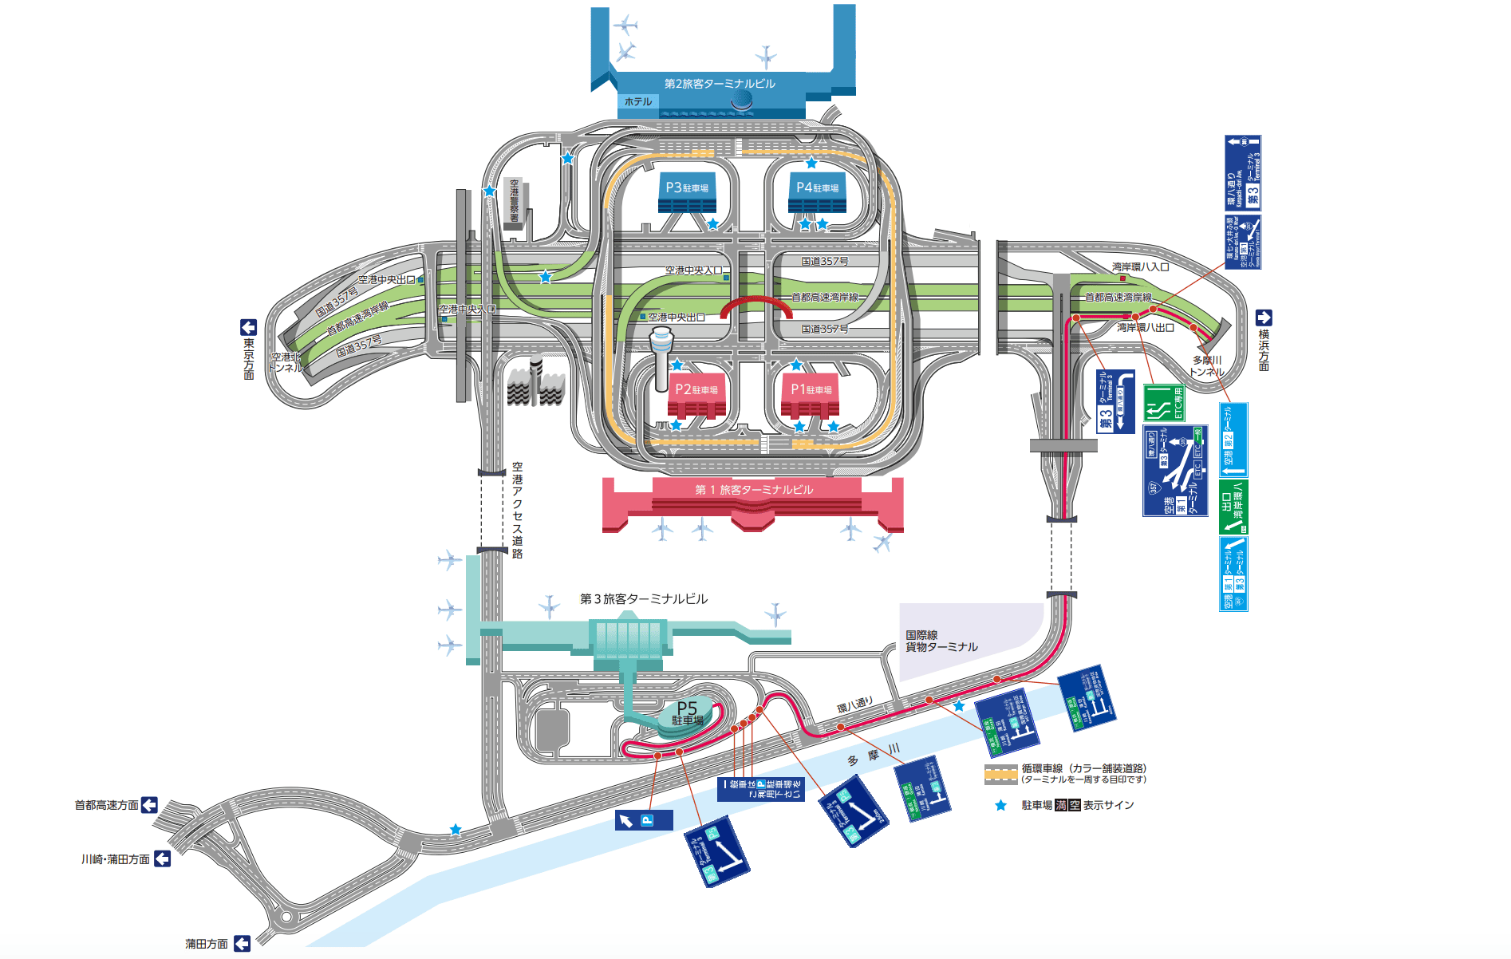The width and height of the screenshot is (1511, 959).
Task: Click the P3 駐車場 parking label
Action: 687,187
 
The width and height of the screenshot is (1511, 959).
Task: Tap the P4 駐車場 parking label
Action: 817,187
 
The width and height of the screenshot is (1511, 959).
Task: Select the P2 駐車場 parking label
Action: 696,389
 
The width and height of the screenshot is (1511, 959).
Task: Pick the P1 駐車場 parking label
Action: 811,389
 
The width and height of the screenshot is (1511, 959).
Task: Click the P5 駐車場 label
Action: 687,712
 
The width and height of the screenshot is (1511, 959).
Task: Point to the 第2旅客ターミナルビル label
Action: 720,84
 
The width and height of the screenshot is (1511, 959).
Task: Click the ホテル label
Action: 638,102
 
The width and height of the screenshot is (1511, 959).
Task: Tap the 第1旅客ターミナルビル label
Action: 754,490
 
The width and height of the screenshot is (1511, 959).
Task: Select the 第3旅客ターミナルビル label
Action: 643,599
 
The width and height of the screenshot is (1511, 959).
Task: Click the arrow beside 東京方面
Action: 248,327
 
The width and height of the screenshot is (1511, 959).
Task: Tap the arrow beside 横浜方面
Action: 1264,318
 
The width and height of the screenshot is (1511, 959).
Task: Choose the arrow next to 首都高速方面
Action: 149,805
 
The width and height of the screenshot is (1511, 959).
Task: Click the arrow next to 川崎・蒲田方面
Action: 162,858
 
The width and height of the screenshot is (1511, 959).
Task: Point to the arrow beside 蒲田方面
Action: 242,944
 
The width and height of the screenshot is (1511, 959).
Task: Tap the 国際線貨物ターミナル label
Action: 941,641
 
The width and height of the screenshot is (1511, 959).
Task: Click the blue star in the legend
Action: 1000,806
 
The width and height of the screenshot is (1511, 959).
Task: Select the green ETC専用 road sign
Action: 1164,403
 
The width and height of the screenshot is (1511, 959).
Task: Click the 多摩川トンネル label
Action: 1207,366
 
